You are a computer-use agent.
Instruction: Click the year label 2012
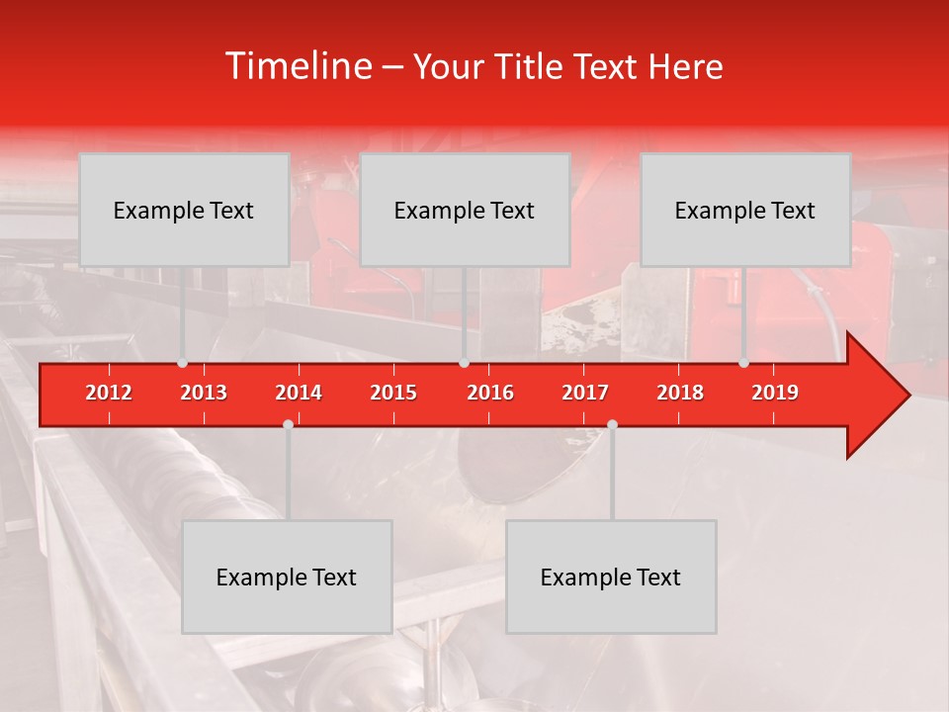tap(109, 393)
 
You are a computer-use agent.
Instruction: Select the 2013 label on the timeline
tap(204, 393)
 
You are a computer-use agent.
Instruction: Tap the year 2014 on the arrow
tap(299, 393)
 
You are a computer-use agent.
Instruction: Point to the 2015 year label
tap(393, 393)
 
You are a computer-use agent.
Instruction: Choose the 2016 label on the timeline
tap(490, 393)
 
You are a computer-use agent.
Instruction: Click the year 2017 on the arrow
tap(585, 393)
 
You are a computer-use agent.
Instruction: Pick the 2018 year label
tap(680, 393)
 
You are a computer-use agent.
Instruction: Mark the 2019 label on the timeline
tap(775, 393)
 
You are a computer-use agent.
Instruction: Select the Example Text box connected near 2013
tap(184, 210)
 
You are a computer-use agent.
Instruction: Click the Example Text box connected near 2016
tap(465, 210)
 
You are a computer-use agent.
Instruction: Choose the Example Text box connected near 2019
tap(745, 210)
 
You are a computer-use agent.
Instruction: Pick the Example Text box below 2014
tap(287, 577)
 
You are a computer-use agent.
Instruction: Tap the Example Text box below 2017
tap(611, 577)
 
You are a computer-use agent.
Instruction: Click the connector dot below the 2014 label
tap(288, 424)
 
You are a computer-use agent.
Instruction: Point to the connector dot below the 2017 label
tap(612, 424)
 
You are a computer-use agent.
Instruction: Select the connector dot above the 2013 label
tap(182, 363)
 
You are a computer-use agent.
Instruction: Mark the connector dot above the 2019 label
tap(743, 363)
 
